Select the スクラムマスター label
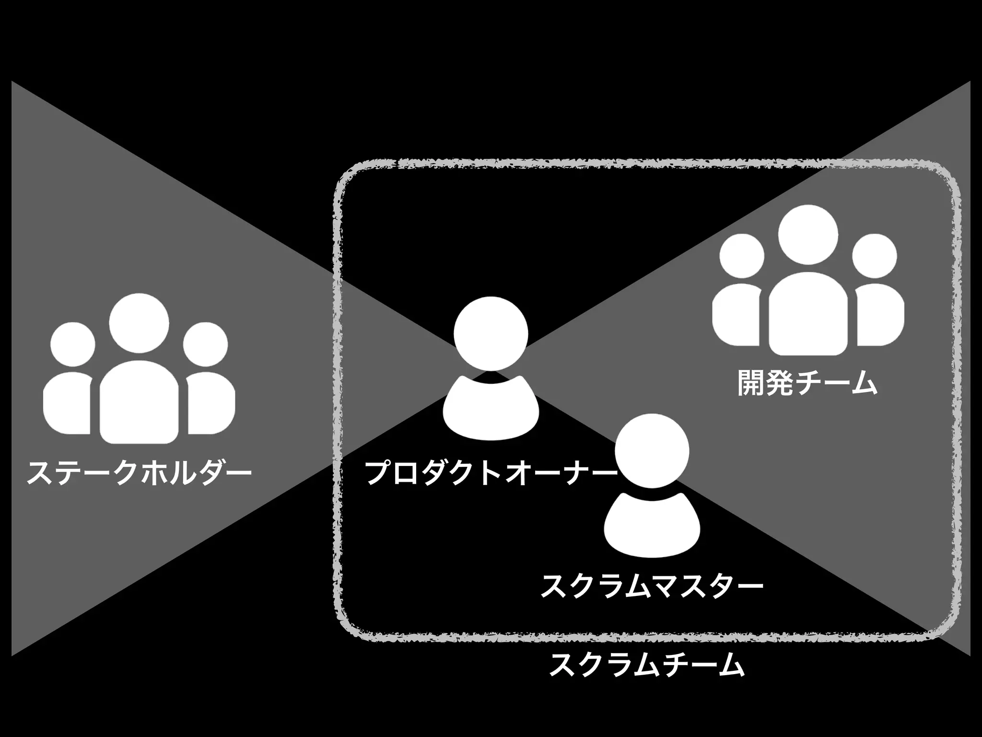click(x=651, y=586)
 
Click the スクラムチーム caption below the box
click(x=646, y=664)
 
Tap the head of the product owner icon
click(x=491, y=333)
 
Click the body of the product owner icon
click(x=491, y=408)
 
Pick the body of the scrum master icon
click(x=652, y=525)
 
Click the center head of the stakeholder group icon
click(x=139, y=322)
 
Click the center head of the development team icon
click(x=808, y=235)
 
